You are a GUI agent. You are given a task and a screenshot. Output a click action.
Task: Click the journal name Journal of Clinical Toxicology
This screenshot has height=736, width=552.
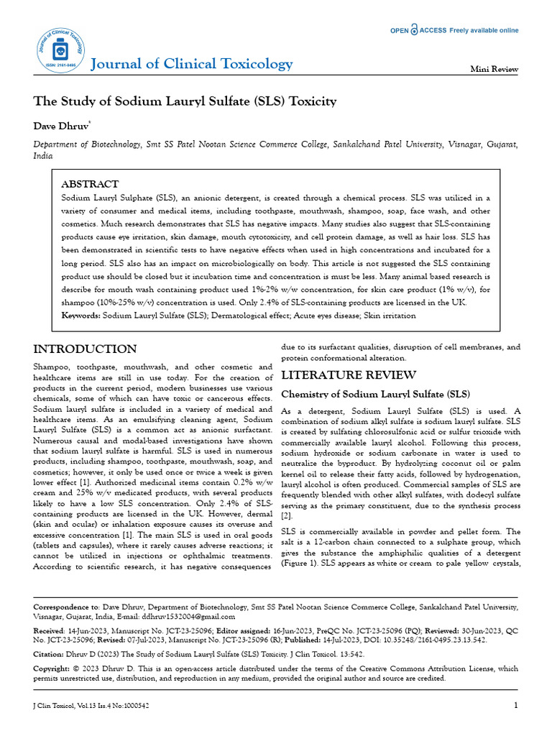coord(192,64)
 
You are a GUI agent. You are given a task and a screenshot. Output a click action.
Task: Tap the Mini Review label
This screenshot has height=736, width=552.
coord(494,69)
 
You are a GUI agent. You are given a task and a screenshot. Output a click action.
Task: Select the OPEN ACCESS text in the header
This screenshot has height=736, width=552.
coord(418,31)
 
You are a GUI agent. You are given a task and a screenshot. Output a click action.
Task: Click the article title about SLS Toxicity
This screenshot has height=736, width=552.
coord(185,101)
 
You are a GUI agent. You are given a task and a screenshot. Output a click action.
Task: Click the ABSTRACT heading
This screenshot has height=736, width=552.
coord(90,184)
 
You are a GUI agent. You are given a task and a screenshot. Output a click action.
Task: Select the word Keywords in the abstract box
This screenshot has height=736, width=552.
coord(80,315)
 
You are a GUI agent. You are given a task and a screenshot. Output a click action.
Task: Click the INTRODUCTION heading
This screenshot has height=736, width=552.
coord(86,349)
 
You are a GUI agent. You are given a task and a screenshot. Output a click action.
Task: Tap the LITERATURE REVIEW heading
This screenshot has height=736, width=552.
coord(348,374)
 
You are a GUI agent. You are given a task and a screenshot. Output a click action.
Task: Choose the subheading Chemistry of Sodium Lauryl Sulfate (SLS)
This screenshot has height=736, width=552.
coord(375,394)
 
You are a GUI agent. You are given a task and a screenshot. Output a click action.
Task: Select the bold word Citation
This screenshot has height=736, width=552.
coord(50,655)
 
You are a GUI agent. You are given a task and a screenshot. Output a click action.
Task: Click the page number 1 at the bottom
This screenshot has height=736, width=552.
coord(515,705)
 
